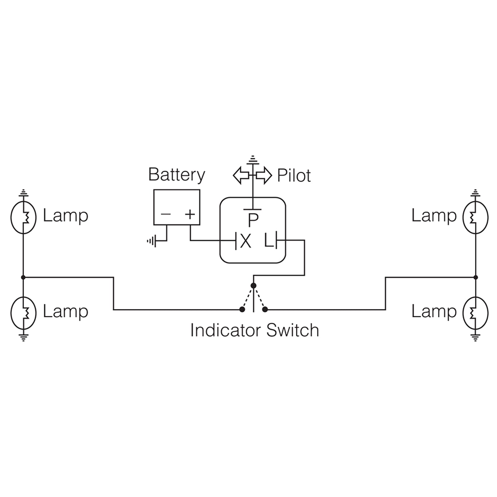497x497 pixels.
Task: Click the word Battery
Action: point(176,175)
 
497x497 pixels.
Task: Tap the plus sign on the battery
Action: point(190,214)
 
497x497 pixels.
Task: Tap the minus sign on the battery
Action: point(166,214)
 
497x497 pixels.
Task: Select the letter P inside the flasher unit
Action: point(253,220)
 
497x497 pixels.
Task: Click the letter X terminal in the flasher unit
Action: point(245,241)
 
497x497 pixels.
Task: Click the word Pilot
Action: point(294,176)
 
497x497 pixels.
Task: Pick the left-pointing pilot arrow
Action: point(241,176)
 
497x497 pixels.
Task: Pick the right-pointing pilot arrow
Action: point(264,176)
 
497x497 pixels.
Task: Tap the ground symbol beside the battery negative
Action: point(152,241)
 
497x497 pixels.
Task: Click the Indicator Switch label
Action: point(254,330)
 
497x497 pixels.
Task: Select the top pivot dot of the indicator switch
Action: point(253,285)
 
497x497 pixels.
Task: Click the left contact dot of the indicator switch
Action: point(242,309)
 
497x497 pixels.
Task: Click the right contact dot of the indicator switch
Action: point(265,309)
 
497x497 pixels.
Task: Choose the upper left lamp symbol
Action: point(24,217)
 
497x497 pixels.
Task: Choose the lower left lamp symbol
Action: point(24,312)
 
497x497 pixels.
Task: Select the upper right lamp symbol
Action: point(475,217)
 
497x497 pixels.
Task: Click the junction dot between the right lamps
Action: point(476,277)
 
